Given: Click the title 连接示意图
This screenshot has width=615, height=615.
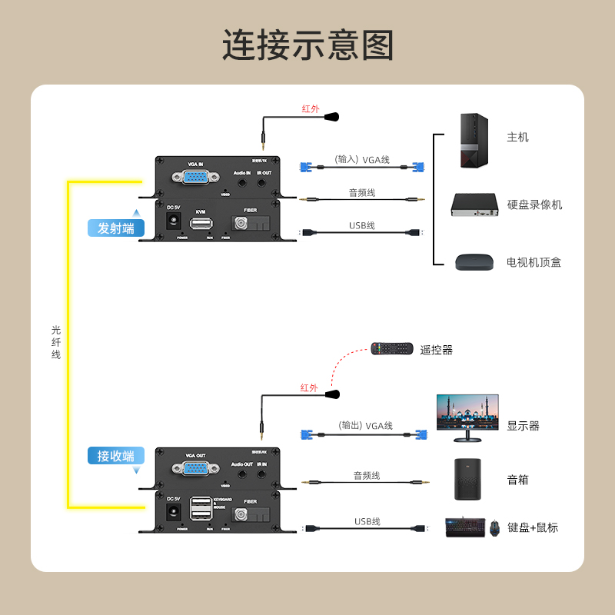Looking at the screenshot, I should click(307, 46).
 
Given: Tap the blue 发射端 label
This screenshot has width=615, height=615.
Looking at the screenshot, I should click(116, 228).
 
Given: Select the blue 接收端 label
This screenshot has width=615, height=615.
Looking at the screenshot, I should click(116, 456).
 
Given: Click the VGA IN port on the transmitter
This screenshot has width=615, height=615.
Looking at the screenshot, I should click(195, 178).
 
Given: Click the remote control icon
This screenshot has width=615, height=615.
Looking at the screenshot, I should click(392, 348).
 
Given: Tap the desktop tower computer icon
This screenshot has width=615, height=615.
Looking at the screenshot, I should click(474, 141).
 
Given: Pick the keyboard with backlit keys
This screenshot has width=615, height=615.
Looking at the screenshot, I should click(465, 527).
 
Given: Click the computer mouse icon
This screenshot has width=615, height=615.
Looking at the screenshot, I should click(494, 527).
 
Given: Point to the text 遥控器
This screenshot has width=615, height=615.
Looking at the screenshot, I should click(437, 350).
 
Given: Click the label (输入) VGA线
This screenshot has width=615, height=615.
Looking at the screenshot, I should click(362, 160).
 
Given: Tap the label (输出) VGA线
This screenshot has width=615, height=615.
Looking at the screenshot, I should click(365, 426).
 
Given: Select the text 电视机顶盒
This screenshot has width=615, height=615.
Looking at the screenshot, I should click(534, 262).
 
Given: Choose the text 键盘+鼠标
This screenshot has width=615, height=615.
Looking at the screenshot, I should click(533, 527).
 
